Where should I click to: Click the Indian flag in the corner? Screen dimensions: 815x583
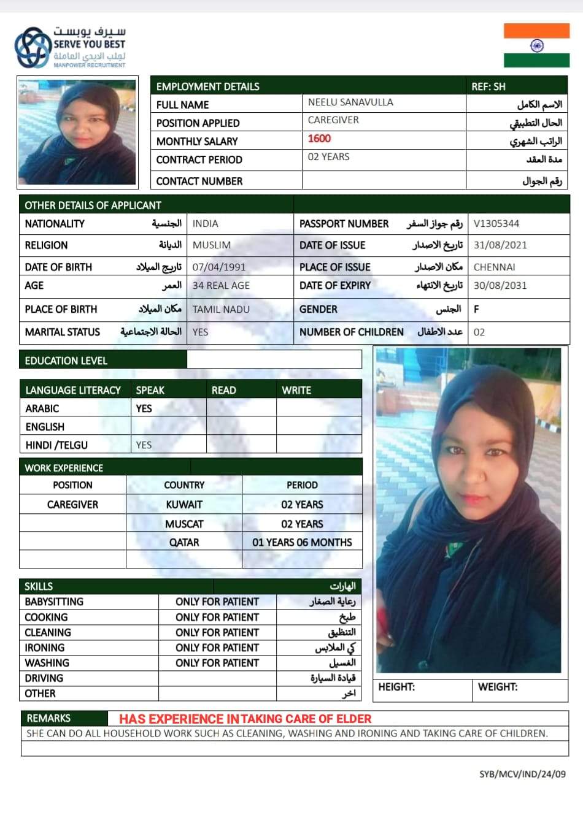point(536,45)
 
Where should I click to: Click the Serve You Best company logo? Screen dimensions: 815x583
point(70,47)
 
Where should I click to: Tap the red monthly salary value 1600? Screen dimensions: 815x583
point(319,139)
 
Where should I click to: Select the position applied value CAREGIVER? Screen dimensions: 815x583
point(333,120)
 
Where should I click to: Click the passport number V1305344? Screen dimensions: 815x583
point(496,224)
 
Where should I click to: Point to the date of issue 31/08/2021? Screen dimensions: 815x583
point(500,245)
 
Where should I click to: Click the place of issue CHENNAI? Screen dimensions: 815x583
point(495,267)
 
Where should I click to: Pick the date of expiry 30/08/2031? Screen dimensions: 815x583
point(500,286)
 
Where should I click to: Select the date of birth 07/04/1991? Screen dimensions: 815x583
point(219,267)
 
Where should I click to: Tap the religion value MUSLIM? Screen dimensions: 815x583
point(212,245)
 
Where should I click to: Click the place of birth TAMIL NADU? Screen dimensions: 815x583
point(221,310)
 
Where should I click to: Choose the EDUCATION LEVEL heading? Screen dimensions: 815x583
point(66,361)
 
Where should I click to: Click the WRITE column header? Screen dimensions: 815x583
point(296,390)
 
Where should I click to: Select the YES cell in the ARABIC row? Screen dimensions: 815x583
point(144,408)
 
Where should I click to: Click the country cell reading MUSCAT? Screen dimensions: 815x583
point(184,524)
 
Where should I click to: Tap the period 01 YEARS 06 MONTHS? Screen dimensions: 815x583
point(302,543)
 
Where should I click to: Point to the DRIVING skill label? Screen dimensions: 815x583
point(44,678)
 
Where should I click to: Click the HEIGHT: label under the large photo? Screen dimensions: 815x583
point(396,687)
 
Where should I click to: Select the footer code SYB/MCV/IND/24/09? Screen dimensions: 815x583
point(522,774)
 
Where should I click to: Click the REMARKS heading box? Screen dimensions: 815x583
point(49,718)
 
